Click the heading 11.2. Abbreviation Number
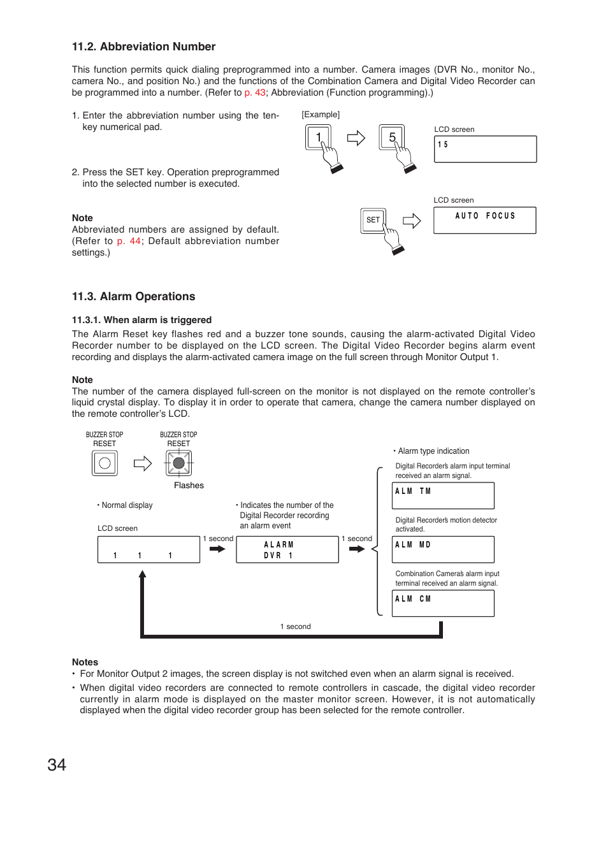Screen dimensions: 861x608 (x=143, y=47)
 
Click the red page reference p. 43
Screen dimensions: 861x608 (x=255, y=92)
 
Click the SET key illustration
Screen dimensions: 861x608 (x=373, y=221)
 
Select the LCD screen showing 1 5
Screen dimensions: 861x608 (x=485, y=149)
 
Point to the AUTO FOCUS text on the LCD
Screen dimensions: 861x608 (x=485, y=216)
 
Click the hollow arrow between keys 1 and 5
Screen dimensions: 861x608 (x=356, y=138)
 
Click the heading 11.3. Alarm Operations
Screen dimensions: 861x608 (x=133, y=296)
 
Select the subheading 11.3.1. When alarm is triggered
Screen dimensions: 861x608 (x=141, y=320)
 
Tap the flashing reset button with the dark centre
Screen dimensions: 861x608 (x=179, y=463)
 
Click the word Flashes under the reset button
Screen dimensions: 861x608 (x=189, y=486)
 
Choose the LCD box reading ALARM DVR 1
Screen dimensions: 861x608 (x=287, y=549)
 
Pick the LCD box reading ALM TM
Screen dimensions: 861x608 (x=443, y=495)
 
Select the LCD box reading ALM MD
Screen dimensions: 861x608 (x=443, y=549)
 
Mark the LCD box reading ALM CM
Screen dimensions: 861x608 (x=443, y=603)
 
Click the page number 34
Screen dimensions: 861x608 (x=57, y=765)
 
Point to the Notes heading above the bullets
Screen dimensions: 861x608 (x=85, y=662)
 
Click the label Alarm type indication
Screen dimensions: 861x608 (x=433, y=451)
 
